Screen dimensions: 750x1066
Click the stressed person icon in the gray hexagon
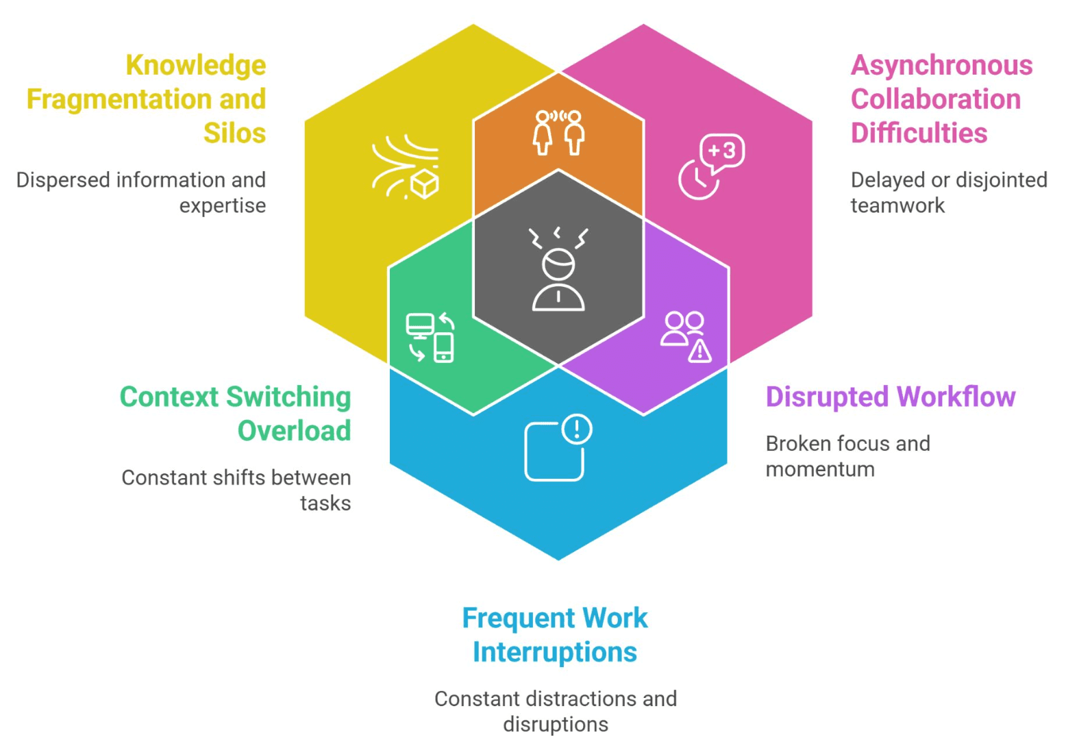click(558, 271)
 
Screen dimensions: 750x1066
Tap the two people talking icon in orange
click(558, 132)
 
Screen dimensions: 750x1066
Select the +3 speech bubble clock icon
click(711, 166)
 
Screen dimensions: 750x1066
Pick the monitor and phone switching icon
click(430, 337)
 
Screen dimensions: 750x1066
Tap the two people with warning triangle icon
click(686, 336)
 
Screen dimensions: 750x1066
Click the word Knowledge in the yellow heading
click(196, 66)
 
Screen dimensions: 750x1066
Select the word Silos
click(234, 133)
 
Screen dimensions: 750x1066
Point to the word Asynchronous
click(941, 66)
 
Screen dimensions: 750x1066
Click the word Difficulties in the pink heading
click(919, 133)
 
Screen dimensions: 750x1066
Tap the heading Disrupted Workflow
click(890, 397)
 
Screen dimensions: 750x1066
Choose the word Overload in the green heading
click(294, 431)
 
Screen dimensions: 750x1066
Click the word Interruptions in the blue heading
click(555, 652)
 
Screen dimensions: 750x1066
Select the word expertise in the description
click(223, 205)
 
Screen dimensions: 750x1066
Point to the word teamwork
click(897, 205)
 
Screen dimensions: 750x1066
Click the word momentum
click(820, 469)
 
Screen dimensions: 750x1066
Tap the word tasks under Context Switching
click(325, 503)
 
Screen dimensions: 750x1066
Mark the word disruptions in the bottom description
click(556, 725)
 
